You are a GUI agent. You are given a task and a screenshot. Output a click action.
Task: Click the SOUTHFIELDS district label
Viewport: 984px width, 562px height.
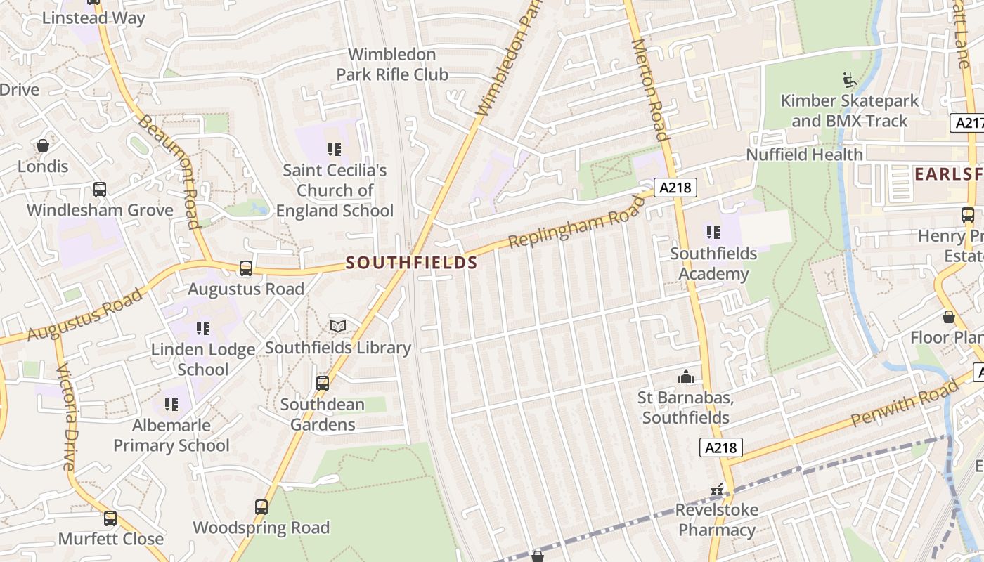tap(412, 263)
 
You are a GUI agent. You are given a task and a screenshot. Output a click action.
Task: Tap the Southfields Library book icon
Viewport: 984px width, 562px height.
tap(338, 327)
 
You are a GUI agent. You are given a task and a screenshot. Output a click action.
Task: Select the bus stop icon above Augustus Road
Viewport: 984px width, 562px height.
tap(246, 268)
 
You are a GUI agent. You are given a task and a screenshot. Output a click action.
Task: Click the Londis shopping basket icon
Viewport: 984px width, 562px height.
tap(43, 145)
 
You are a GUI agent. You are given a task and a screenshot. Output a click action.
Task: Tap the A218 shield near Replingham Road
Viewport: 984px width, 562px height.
tap(675, 188)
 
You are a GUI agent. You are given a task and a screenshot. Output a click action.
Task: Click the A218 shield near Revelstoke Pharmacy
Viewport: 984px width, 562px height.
tap(721, 447)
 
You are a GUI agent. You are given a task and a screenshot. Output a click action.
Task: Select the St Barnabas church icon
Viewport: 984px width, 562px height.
tap(686, 377)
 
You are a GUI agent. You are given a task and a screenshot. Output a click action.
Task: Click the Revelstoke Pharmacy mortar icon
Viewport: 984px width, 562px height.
tap(717, 490)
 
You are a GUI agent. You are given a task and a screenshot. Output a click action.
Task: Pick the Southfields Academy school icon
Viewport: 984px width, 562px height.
tap(713, 232)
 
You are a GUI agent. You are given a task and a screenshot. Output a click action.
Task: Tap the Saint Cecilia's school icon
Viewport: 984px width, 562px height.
tap(335, 149)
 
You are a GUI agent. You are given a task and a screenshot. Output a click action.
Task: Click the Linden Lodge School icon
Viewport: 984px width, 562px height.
tap(203, 328)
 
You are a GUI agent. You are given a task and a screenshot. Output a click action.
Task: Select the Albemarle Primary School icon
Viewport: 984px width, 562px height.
tap(171, 404)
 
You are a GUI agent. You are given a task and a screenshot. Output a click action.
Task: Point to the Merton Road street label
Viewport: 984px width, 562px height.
tap(649, 89)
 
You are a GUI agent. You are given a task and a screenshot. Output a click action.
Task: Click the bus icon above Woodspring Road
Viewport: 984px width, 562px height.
tap(261, 507)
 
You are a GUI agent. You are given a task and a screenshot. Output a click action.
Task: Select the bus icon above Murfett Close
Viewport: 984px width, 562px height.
tap(110, 518)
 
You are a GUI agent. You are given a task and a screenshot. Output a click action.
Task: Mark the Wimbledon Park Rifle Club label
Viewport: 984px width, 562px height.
tap(392, 64)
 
